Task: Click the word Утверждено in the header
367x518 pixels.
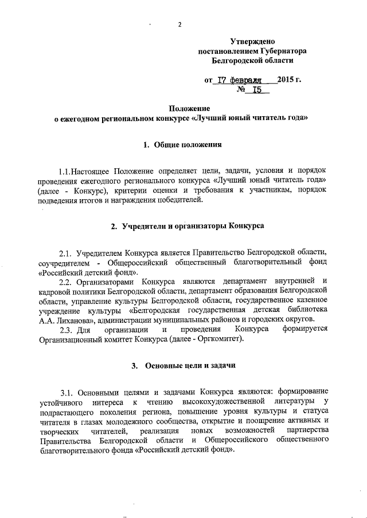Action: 253,41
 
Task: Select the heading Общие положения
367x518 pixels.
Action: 187,145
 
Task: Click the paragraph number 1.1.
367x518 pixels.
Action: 67,172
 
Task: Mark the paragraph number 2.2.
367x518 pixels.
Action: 68,280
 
